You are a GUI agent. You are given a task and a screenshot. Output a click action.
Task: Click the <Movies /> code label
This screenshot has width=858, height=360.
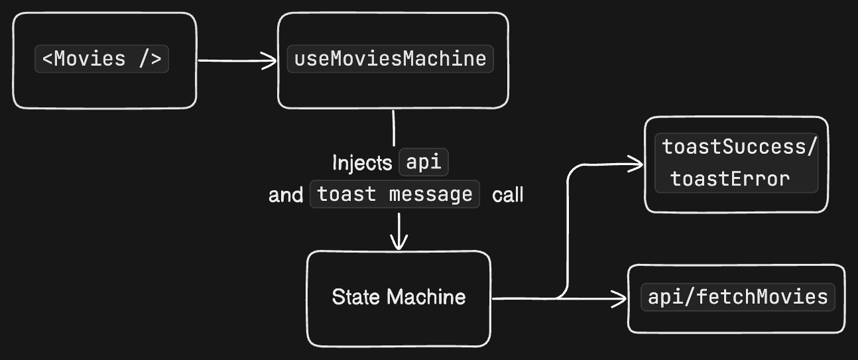101,59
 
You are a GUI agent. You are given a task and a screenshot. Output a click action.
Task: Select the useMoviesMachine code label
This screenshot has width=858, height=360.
390,59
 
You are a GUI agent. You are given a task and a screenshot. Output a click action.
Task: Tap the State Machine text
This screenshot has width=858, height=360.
398,296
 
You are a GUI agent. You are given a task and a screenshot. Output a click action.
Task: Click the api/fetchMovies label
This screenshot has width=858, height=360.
737,296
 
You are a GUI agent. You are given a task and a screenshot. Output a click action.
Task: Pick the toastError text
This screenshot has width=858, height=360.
730,179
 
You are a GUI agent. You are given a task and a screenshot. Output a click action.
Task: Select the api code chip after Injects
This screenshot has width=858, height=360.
424,162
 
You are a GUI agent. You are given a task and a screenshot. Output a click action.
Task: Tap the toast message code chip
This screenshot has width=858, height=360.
395,195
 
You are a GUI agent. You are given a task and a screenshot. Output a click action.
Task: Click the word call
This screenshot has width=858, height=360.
508,195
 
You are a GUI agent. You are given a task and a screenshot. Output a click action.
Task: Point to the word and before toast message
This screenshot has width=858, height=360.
286,196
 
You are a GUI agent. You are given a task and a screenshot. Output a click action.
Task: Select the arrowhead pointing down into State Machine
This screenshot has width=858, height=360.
398,243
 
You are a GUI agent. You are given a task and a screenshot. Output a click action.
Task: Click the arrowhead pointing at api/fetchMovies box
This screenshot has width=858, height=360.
619,299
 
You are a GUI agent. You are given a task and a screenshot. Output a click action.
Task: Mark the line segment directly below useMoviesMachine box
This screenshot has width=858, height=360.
394,128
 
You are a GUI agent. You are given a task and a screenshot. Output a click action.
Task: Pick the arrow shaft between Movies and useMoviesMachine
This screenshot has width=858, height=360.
232,61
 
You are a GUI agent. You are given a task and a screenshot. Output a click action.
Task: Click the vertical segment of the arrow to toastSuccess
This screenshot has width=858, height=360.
568,232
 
